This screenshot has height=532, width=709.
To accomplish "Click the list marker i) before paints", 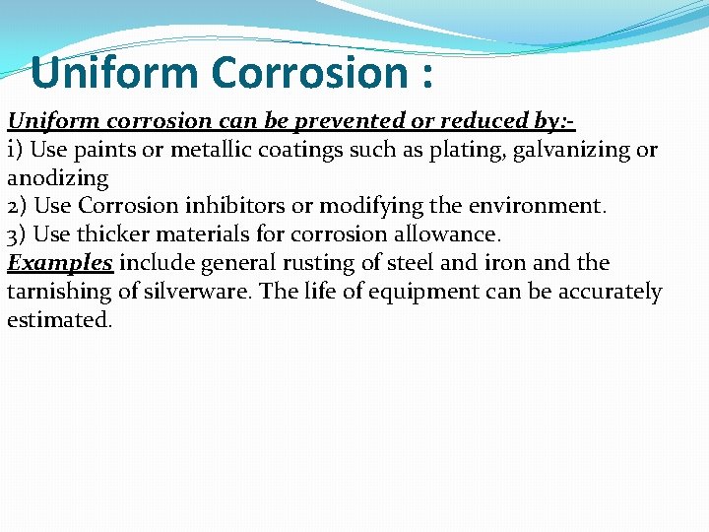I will (16, 150).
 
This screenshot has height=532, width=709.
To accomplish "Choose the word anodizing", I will (57, 179).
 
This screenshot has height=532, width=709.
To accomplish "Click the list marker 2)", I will (17, 207).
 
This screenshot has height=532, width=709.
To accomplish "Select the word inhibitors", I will (241, 207).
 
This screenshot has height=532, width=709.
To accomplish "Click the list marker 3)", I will (17, 235).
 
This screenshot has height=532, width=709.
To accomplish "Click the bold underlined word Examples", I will (60, 264).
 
